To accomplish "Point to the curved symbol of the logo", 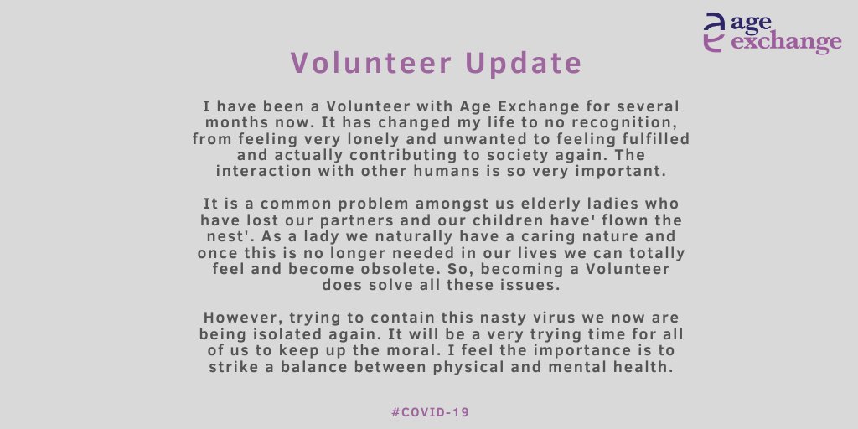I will coord(713,34).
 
